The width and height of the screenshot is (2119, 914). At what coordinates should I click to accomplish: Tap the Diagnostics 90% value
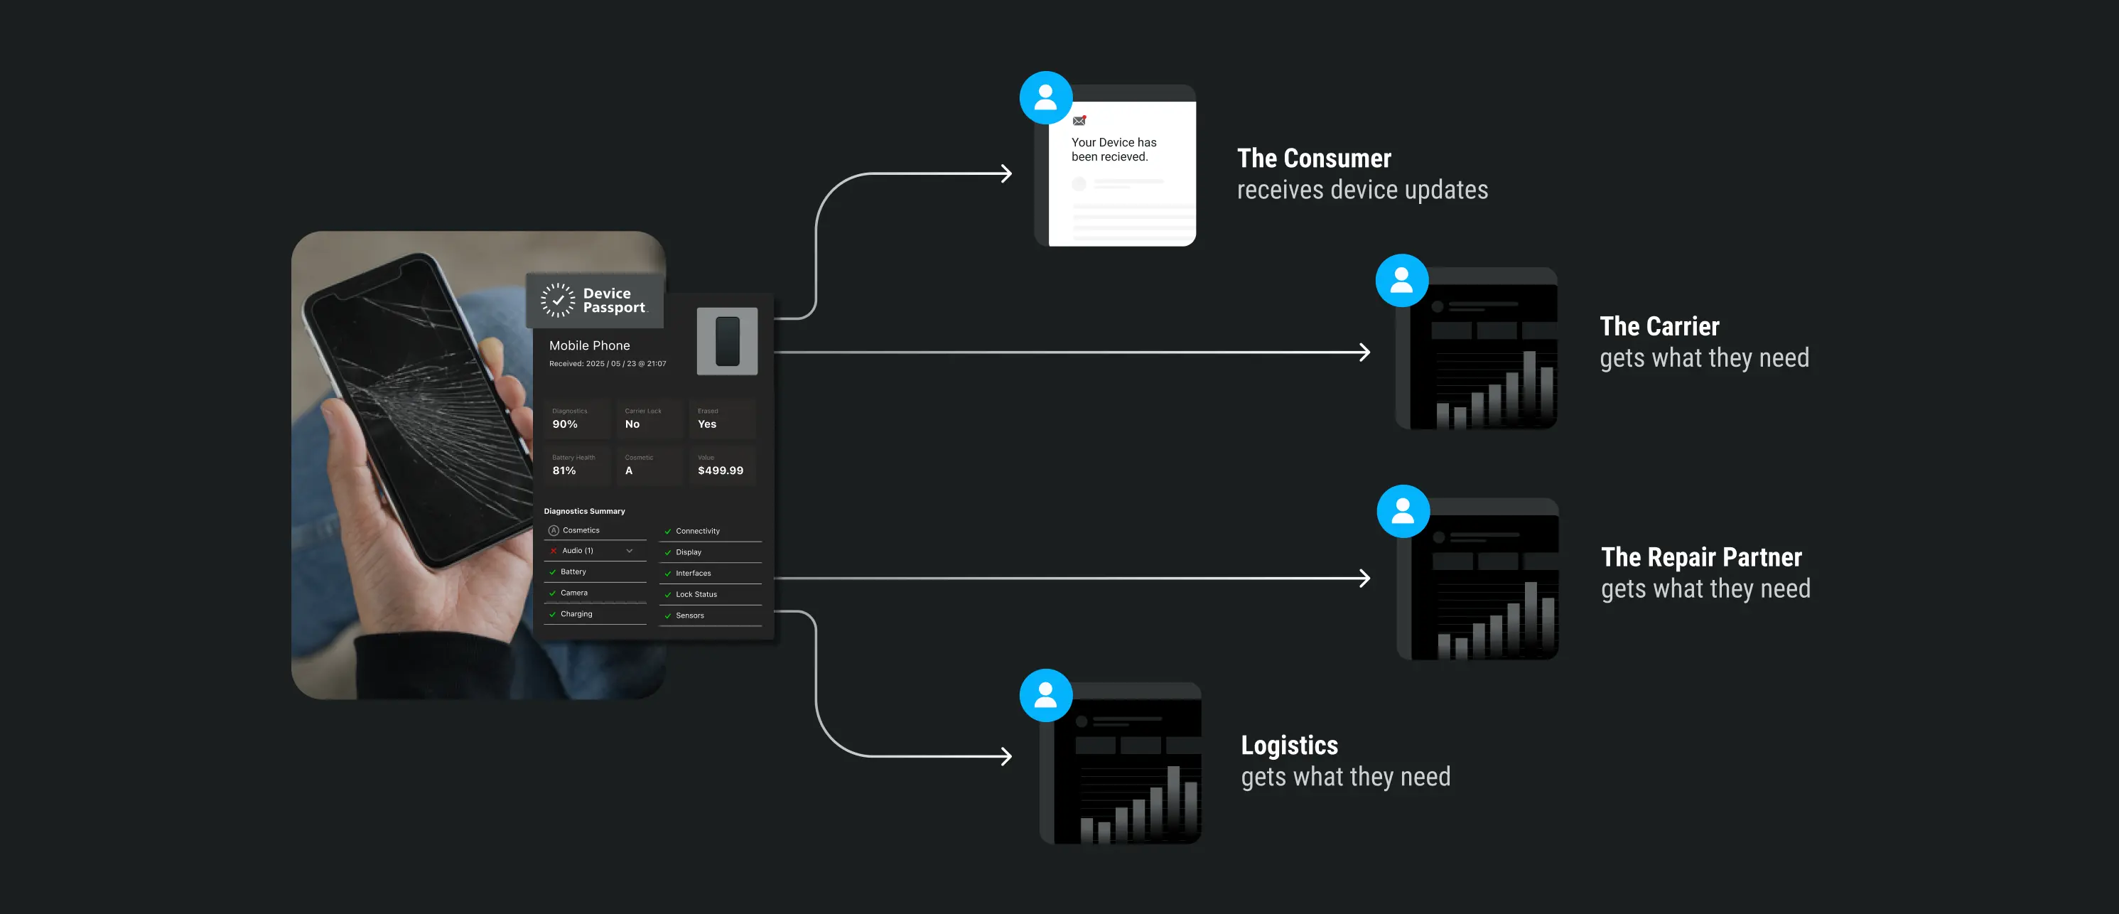pyautogui.click(x=565, y=424)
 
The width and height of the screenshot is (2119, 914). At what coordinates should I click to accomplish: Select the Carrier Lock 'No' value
pyautogui.click(x=632, y=424)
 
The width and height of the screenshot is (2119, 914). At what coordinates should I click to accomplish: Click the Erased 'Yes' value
pyautogui.click(x=706, y=424)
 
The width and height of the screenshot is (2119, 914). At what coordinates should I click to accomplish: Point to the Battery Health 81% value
pyautogui.click(x=564, y=471)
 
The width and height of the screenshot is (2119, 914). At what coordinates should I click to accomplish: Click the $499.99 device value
pyautogui.click(x=721, y=471)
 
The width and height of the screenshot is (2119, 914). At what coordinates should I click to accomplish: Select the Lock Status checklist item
pyautogui.click(x=696, y=594)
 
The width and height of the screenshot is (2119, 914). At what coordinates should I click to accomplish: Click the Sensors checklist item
pyautogui.click(x=689, y=615)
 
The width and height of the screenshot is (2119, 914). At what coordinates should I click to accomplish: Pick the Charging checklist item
pyautogui.click(x=576, y=614)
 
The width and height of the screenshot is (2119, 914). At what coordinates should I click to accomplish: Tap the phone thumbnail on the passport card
pyautogui.click(x=727, y=340)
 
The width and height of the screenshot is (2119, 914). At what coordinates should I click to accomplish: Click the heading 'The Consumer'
pyautogui.click(x=1314, y=158)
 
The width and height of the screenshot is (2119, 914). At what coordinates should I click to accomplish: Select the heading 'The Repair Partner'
pyautogui.click(x=1701, y=557)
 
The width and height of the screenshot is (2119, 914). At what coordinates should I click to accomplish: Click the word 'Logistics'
pyautogui.click(x=1289, y=745)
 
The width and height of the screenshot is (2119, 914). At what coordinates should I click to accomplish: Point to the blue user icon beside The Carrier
pyautogui.click(x=1402, y=281)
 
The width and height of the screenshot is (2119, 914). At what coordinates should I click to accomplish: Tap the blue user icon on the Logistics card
pyautogui.click(x=1045, y=695)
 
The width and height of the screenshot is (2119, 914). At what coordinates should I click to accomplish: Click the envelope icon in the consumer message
pyautogui.click(x=1079, y=121)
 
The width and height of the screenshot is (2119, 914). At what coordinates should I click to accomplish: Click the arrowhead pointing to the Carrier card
pyautogui.click(x=1364, y=352)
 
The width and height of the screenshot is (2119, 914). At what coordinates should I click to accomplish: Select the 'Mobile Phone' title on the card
pyautogui.click(x=589, y=345)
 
